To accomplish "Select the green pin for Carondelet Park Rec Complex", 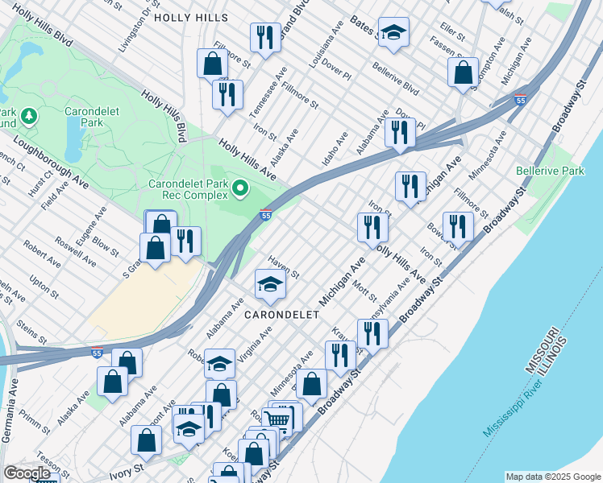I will [239, 190].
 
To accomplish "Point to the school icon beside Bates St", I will [393, 33].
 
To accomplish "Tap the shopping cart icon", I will [277, 420].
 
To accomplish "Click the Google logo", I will [27, 473].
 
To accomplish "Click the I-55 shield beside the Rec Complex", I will [266, 215].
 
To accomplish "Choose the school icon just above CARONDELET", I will [270, 283].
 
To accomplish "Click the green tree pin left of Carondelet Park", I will [31, 118].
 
